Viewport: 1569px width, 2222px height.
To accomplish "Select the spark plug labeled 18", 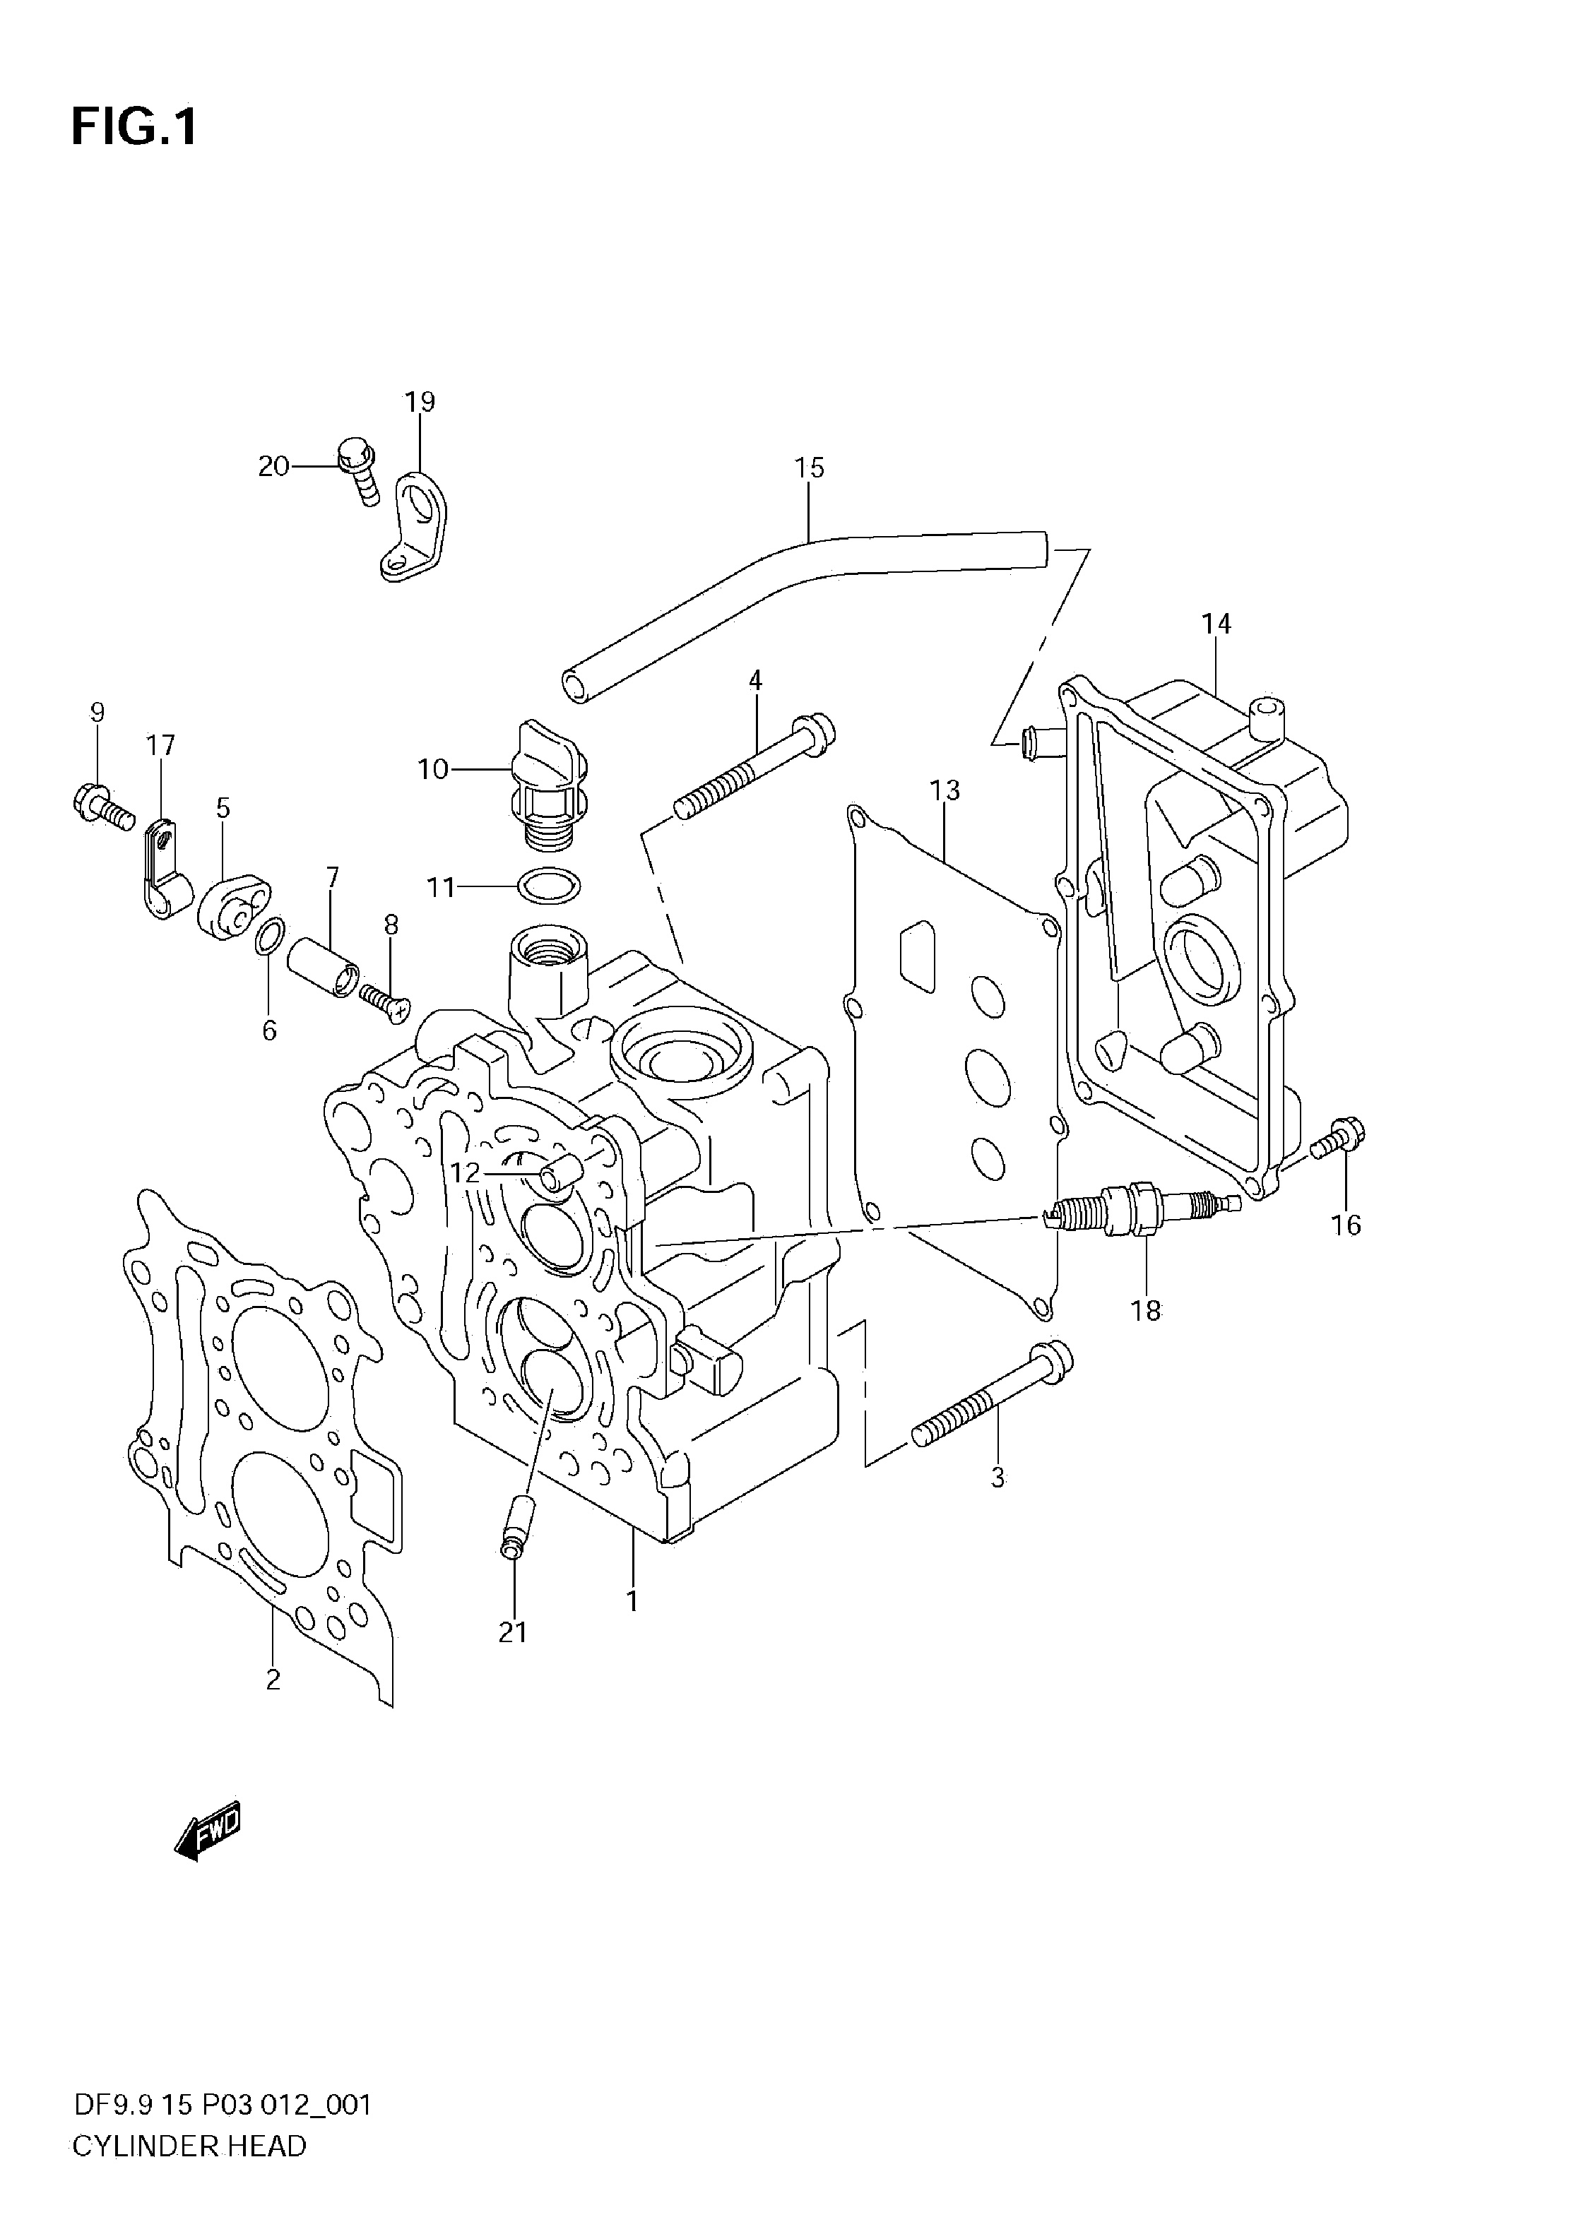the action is (1142, 1211).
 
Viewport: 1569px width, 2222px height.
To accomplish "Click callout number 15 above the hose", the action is (809, 468).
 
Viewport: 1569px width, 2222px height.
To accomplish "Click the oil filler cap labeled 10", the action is (549, 780).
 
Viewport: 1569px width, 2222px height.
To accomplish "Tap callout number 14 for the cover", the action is (1216, 624).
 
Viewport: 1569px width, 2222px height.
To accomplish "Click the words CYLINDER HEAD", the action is (190, 2173).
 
